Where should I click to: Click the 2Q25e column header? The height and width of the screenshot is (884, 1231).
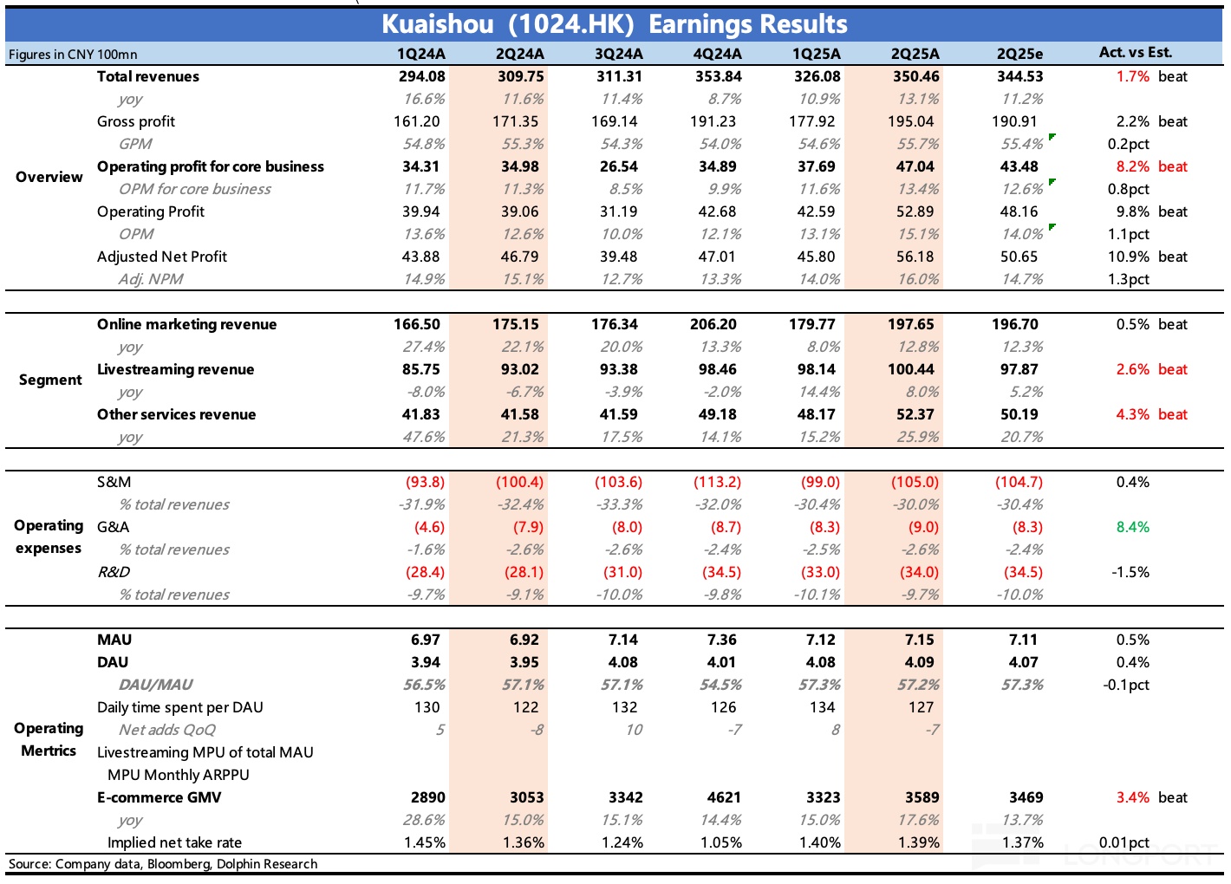(x=1019, y=54)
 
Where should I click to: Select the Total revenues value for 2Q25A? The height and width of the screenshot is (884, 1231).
(x=915, y=76)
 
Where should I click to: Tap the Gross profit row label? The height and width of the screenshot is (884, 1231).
(x=136, y=121)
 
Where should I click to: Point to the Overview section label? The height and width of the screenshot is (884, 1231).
(x=49, y=177)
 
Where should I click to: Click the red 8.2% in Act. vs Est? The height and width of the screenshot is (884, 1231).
(x=1132, y=166)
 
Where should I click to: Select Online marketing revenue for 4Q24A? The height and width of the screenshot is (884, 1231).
(x=713, y=324)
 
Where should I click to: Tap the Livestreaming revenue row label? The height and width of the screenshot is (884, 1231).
(x=175, y=369)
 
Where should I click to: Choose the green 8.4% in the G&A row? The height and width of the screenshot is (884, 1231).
(x=1132, y=527)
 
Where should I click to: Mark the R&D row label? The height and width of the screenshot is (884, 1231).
(x=114, y=572)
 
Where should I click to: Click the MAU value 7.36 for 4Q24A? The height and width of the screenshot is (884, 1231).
(x=721, y=640)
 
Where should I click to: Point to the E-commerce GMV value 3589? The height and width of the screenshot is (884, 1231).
(x=919, y=797)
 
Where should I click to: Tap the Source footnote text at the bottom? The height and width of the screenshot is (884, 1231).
(x=163, y=864)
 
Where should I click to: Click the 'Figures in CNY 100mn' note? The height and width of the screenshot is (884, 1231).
(x=73, y=55)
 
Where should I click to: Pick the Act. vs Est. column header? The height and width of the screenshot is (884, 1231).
(x=1135, y=52)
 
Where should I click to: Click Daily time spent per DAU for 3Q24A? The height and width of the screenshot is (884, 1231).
(x=624, y=707)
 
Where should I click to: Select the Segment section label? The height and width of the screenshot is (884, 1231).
(x=50, y=380)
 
